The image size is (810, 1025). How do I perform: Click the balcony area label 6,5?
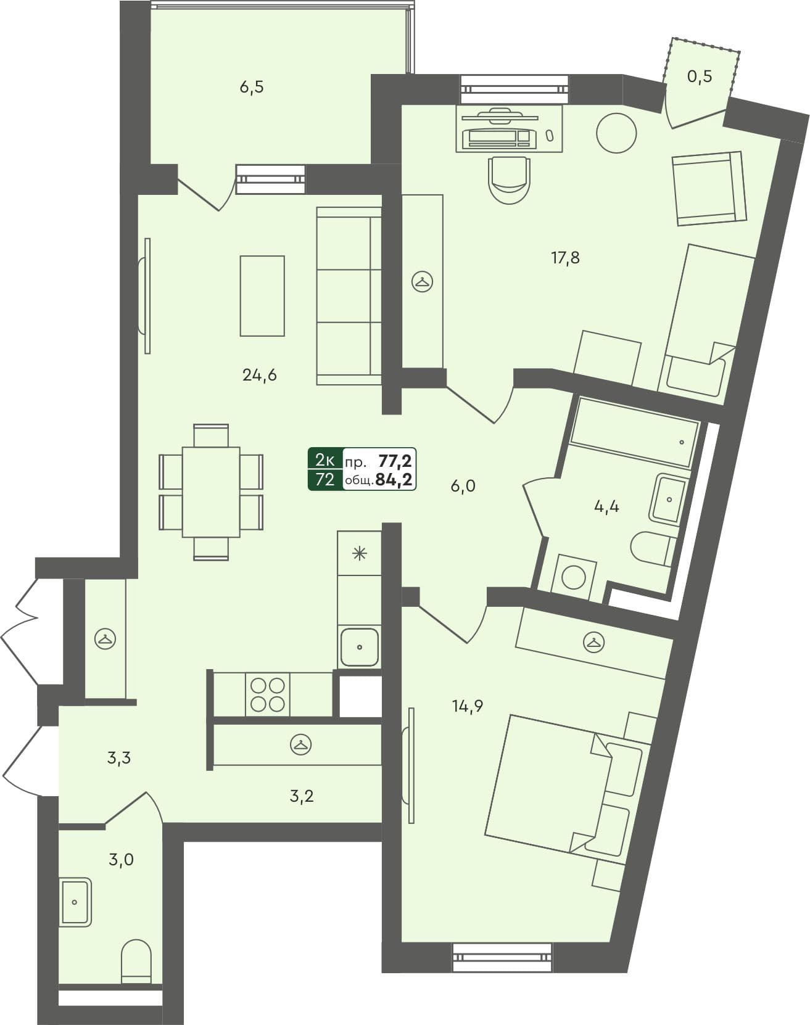(x=251, y=88)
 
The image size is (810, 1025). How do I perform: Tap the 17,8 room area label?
(x=565, y=258)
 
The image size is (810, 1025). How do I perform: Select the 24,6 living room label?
(x=259, y=374)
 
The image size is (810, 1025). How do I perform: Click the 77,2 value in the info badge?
(x=395, y=460)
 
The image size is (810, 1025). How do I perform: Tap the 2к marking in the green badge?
(x=324, y=459)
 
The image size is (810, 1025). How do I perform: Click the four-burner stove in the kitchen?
(x=268, y=695)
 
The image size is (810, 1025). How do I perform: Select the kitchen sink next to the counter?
(x=359, y=647)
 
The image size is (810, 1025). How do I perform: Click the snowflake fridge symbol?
(x=359, y=553)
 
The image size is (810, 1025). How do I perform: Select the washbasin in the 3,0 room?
(x=75, y=902)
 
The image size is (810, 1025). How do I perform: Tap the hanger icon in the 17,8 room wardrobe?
(x=423, y=282)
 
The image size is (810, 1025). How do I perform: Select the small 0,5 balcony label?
(x=700, y=76)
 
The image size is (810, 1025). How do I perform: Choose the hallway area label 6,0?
(x=463, y=487)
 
